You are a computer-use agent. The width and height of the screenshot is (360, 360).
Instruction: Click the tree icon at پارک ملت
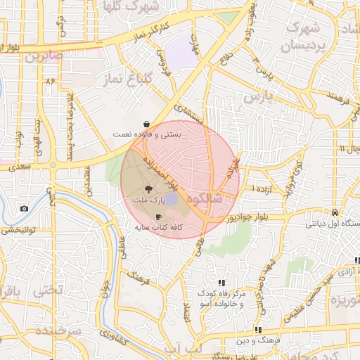(148, 189)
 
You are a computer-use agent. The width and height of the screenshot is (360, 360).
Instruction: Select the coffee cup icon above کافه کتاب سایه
(158, 217)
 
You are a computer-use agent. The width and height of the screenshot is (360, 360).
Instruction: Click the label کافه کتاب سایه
(158, 228)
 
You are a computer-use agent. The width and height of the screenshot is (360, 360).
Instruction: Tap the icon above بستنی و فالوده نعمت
(146, 122)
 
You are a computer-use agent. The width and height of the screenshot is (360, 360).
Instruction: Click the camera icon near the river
(25, 208)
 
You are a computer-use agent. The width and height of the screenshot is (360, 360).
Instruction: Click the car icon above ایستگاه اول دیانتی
(335, 212)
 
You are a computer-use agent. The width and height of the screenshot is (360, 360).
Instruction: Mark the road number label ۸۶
(50, 82)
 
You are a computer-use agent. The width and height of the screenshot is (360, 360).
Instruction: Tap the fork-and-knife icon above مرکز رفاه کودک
(221, 283)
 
